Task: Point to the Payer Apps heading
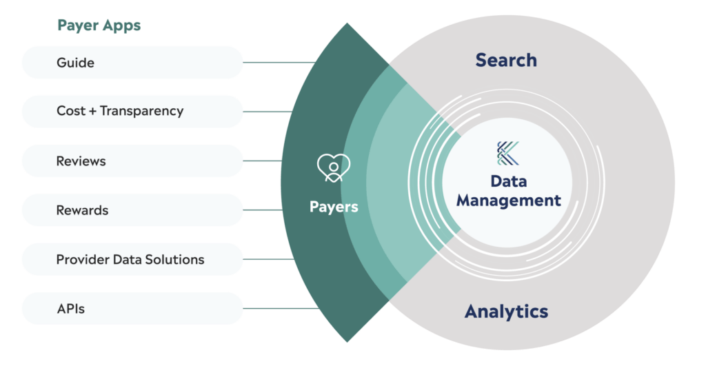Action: [99, 26]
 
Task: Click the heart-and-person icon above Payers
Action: [334, 167]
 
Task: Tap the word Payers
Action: [334, 207]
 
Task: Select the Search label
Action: [506, 60]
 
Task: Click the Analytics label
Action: [506, 311]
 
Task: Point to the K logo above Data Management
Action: [509, 153]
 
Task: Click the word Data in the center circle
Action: [509, 181]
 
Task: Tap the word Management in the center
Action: [509, 201]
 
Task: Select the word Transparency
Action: [142, 111]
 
